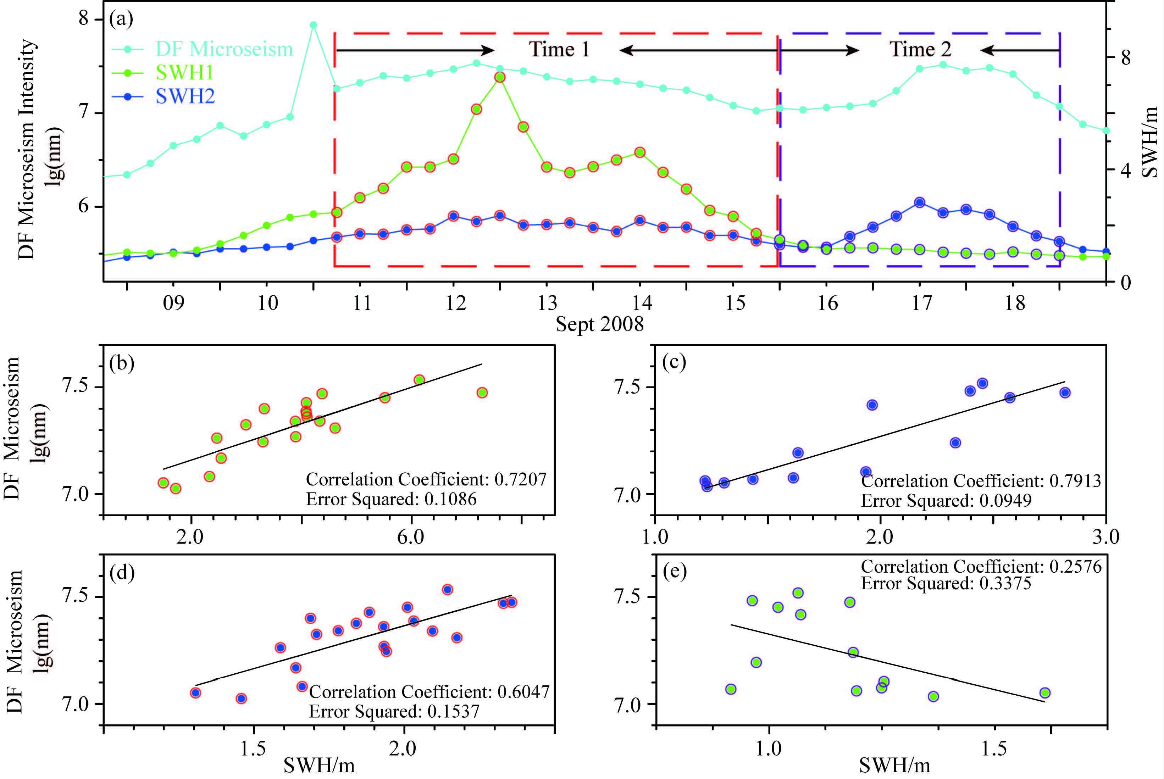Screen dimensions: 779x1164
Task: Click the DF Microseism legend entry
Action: [x=223, y=49]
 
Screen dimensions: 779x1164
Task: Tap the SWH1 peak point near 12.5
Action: [x=500, y=77]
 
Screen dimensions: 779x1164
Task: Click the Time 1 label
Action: [x=559, y=49]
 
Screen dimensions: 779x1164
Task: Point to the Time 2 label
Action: [x=920, y=49]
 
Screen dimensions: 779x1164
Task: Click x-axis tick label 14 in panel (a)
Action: [x=641, y=302]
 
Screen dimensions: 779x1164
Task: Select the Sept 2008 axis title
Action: [x=599, y=324]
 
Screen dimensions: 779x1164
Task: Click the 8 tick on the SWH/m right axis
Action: [x=1125, y=58]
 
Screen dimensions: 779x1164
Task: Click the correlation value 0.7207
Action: [x=520, y=479]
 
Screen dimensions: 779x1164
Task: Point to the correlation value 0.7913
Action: [x=1075, y=481]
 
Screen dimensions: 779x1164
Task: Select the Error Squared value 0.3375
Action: [x=1005, y=583]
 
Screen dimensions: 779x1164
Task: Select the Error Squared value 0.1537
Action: [x=454, y=711]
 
